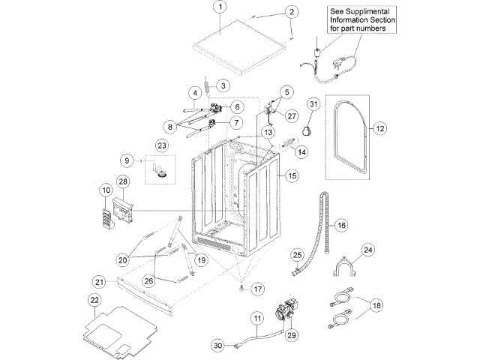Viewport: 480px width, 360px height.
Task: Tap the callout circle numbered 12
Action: (380, 128)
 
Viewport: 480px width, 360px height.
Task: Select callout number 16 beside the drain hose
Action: (341, 225)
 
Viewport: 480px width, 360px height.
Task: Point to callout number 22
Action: (94, 300)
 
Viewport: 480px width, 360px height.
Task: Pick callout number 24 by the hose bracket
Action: (368, 249)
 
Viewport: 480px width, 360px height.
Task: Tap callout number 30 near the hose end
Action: (217, 346)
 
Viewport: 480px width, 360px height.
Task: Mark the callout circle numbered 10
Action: (105, 191)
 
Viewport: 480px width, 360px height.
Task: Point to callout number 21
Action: (99, 281)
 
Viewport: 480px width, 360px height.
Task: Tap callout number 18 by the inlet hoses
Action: (376, 306)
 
